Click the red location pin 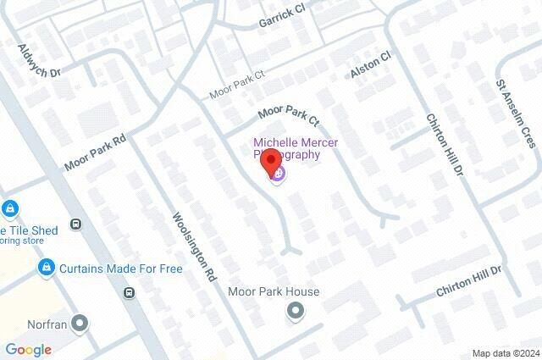pos(271,160)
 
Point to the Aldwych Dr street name pos(41,62)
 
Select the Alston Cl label pos(371,65)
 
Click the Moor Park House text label pos(274,292)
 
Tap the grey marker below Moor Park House pos(296,313)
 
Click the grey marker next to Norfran pos(80,323)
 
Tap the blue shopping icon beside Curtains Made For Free pos(47,269)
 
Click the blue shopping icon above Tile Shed pos(10,208)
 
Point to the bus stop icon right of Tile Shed pos(76,224)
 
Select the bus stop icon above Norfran pos(129,293)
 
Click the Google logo pos(28,349)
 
